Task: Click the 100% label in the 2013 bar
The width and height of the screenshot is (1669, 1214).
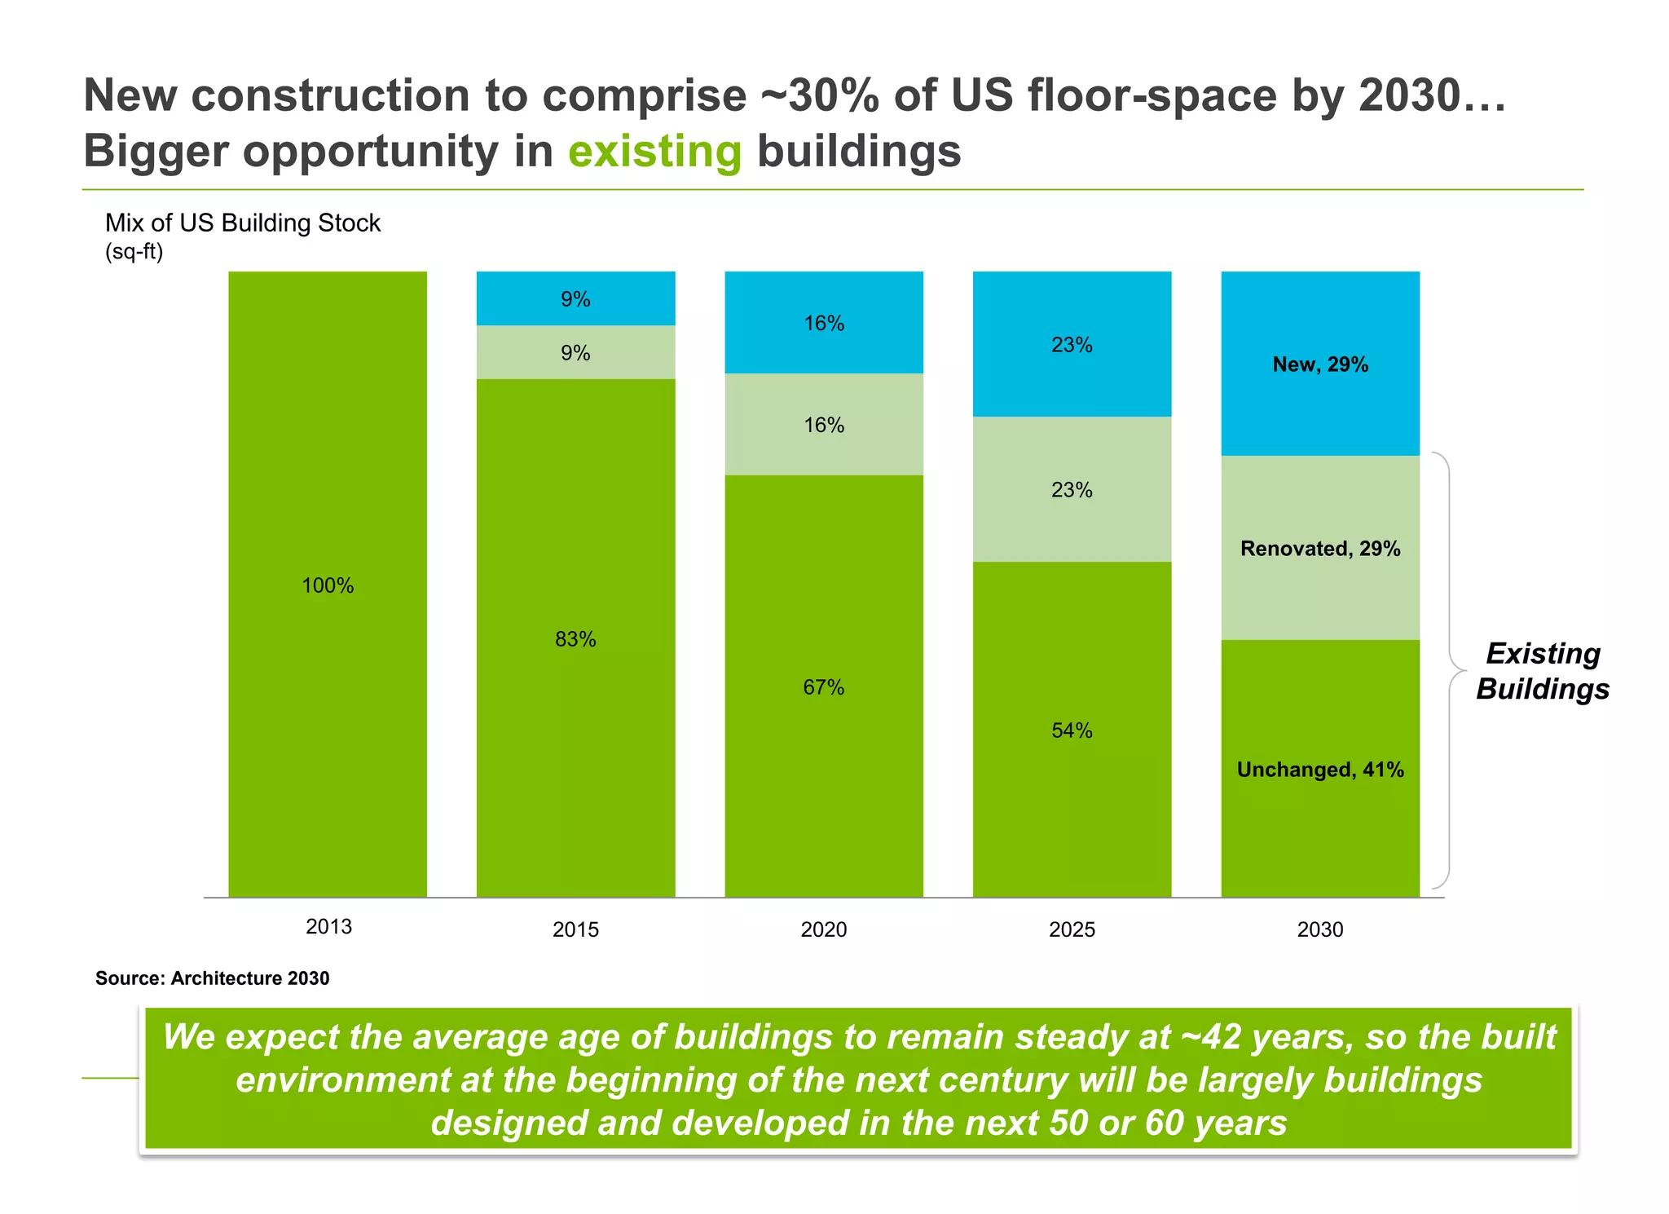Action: (x=328, y=585)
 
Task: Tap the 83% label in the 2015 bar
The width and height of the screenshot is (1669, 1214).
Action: (x=575, y=639)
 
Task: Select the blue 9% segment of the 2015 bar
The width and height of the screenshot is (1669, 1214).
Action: (x=575, y=298)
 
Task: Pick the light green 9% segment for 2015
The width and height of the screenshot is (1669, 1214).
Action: (x=575, y=352)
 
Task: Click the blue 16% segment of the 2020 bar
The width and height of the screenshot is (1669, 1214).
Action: (x=823, y=323)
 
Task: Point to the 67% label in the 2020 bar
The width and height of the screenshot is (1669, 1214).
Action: (x=823, y=687)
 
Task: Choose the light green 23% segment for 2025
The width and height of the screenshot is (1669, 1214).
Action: (x=1072, y=489)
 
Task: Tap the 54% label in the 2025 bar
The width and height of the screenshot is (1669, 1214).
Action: (x=1072, y=731)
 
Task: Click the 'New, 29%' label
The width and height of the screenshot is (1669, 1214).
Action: (x=1320, y=364)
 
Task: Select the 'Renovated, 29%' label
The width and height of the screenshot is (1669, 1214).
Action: (x=1320, y=548)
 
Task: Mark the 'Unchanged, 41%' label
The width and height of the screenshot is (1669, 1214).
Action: (x=1320, y=770)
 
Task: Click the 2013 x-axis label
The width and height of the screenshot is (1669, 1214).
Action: (x=328, y=926)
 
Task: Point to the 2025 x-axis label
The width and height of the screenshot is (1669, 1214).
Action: (x=1072, y=929)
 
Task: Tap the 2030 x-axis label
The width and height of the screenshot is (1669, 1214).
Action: (x=1320, y=929)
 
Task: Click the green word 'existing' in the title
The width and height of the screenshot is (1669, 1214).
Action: (x=654, y=152)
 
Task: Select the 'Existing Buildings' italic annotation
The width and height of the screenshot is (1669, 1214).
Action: (x=1543, y=671)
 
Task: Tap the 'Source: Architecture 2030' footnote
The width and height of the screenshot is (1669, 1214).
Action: (x=212, y=978)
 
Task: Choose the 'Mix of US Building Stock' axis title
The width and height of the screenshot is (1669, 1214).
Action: (x=243, y=223)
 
